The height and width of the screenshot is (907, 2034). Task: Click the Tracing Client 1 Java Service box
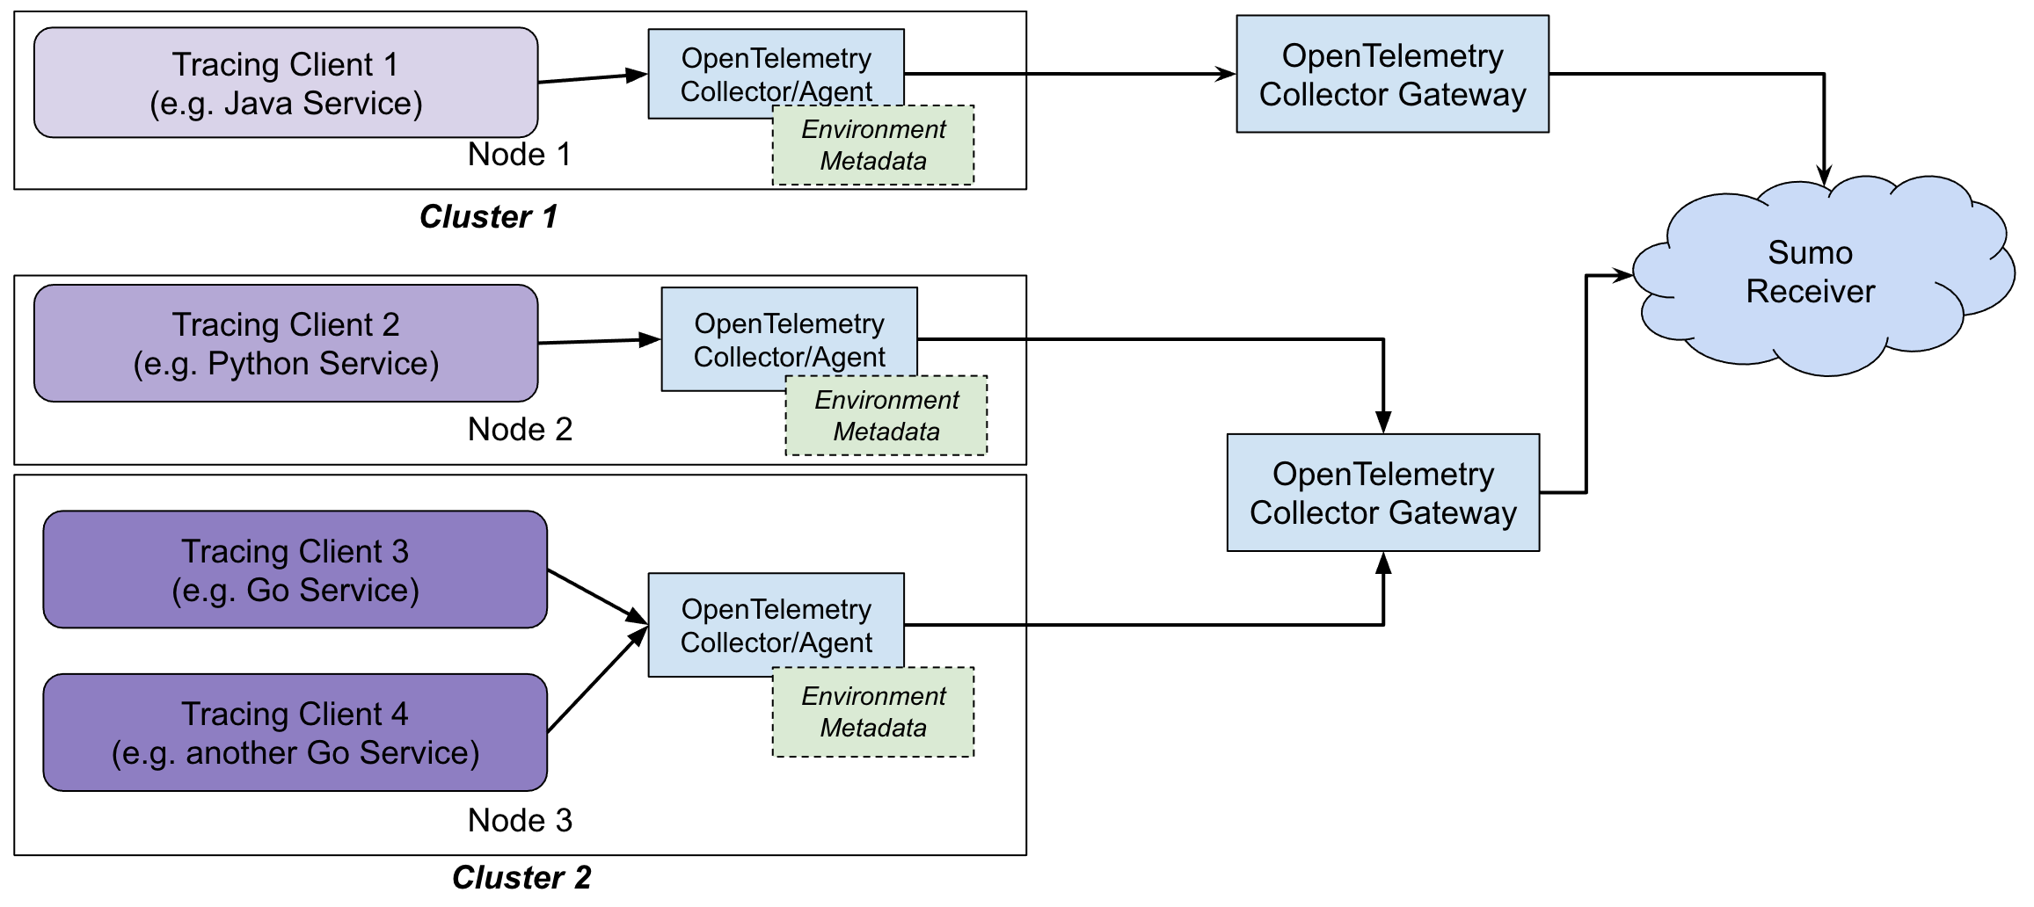coord(286,83)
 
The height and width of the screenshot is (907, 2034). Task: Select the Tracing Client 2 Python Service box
coord(286,344)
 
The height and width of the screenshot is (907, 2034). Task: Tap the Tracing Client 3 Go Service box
coord(295,570)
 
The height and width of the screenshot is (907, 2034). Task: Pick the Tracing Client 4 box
coord(295,732)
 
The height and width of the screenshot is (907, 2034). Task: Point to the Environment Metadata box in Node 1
coord(873,146)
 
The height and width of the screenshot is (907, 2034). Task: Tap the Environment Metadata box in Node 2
coord(886,416)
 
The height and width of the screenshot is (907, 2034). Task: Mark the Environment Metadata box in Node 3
coord(873,712)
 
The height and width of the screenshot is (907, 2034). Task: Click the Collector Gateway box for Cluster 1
coord(1392,75)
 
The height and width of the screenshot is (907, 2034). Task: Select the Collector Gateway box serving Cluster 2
coord(1382,493)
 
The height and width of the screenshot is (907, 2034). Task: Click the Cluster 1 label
coord(489,216)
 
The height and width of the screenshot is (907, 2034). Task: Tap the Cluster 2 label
coord(521,877)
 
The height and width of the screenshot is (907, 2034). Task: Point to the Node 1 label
coord(519,155)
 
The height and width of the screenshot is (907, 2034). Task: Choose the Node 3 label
coord(520,821)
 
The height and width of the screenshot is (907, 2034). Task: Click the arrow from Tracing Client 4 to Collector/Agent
coord(596,680)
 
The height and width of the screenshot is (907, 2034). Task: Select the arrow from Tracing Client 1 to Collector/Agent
coord(592,78)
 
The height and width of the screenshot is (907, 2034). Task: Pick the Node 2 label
coord(520,430)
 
